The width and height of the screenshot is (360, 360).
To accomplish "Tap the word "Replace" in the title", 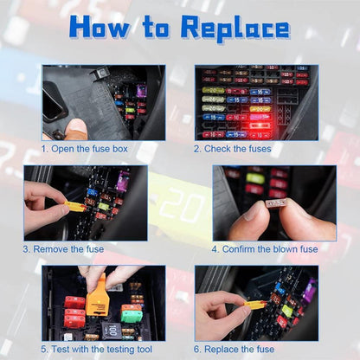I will [235, 29].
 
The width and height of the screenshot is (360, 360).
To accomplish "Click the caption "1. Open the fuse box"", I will [91, 148].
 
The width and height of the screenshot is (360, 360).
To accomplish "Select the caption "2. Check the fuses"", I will [232, 148].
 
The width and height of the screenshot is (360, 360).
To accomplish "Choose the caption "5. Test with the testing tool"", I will [96, 348].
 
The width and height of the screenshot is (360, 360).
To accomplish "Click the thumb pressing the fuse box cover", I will [76, 128].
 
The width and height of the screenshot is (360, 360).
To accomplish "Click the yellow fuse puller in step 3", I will [75, 207].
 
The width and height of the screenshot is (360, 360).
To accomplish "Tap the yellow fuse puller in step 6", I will [254, 304].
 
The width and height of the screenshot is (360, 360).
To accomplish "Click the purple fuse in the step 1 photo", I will [141, 90].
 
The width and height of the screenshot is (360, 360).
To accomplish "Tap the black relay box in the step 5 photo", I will [111, 330].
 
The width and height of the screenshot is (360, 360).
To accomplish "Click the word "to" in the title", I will [155, 29].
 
